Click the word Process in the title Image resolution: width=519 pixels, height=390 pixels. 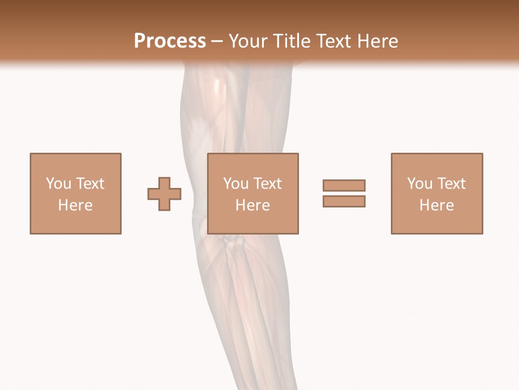tap(170, 41)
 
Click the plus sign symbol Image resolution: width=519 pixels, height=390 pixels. tap(164, 194)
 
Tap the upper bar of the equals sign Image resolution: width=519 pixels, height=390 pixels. tap(344, 185)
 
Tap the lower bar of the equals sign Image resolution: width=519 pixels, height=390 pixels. tap(344, 201)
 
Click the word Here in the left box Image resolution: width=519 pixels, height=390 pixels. tap(76, 205)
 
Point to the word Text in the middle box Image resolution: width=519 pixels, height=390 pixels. tap(267, 184)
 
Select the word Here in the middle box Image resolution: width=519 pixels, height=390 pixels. tap(253, 205)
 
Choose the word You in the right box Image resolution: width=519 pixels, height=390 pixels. tap(420, 184)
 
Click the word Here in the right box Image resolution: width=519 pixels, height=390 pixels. tap(437, 205)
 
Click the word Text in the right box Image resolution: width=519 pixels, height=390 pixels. tap(450, 184)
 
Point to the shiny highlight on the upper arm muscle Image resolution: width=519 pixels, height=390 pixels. tap(217, 87)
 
